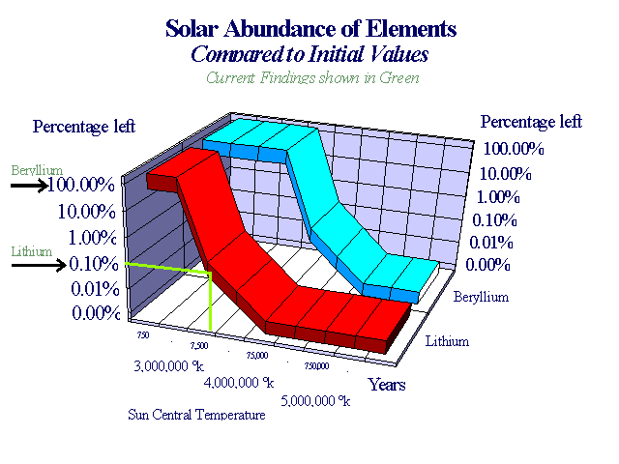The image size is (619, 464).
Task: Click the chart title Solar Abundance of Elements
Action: pyautogui.click(x=310, y=29)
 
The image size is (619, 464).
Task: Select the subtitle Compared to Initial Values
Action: pyautogui.click(x=309, y=55)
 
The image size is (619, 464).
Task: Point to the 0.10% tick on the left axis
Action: pyautogui.click(x=93, y=263)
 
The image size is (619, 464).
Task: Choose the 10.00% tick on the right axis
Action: pyautogui.click(x=506, y=174)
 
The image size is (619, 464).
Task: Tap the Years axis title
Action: pyautogui.click(x=387, y=385)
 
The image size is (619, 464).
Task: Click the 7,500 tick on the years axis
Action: pyautogui.click(x=199, y=345)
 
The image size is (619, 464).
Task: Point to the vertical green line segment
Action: pyautogui.click(x=210, y=301)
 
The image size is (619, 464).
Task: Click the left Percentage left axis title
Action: pyautogui.click(x=84, y=127)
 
